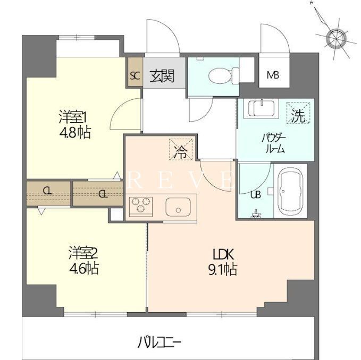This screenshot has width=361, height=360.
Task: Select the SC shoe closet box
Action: (134, 75)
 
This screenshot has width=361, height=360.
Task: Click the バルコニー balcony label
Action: (159, 341)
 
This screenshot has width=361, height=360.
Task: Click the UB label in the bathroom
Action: (255, 194)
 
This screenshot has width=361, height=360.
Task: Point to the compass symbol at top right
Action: (335, 38)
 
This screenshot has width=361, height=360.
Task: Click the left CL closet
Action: (48, 192)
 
